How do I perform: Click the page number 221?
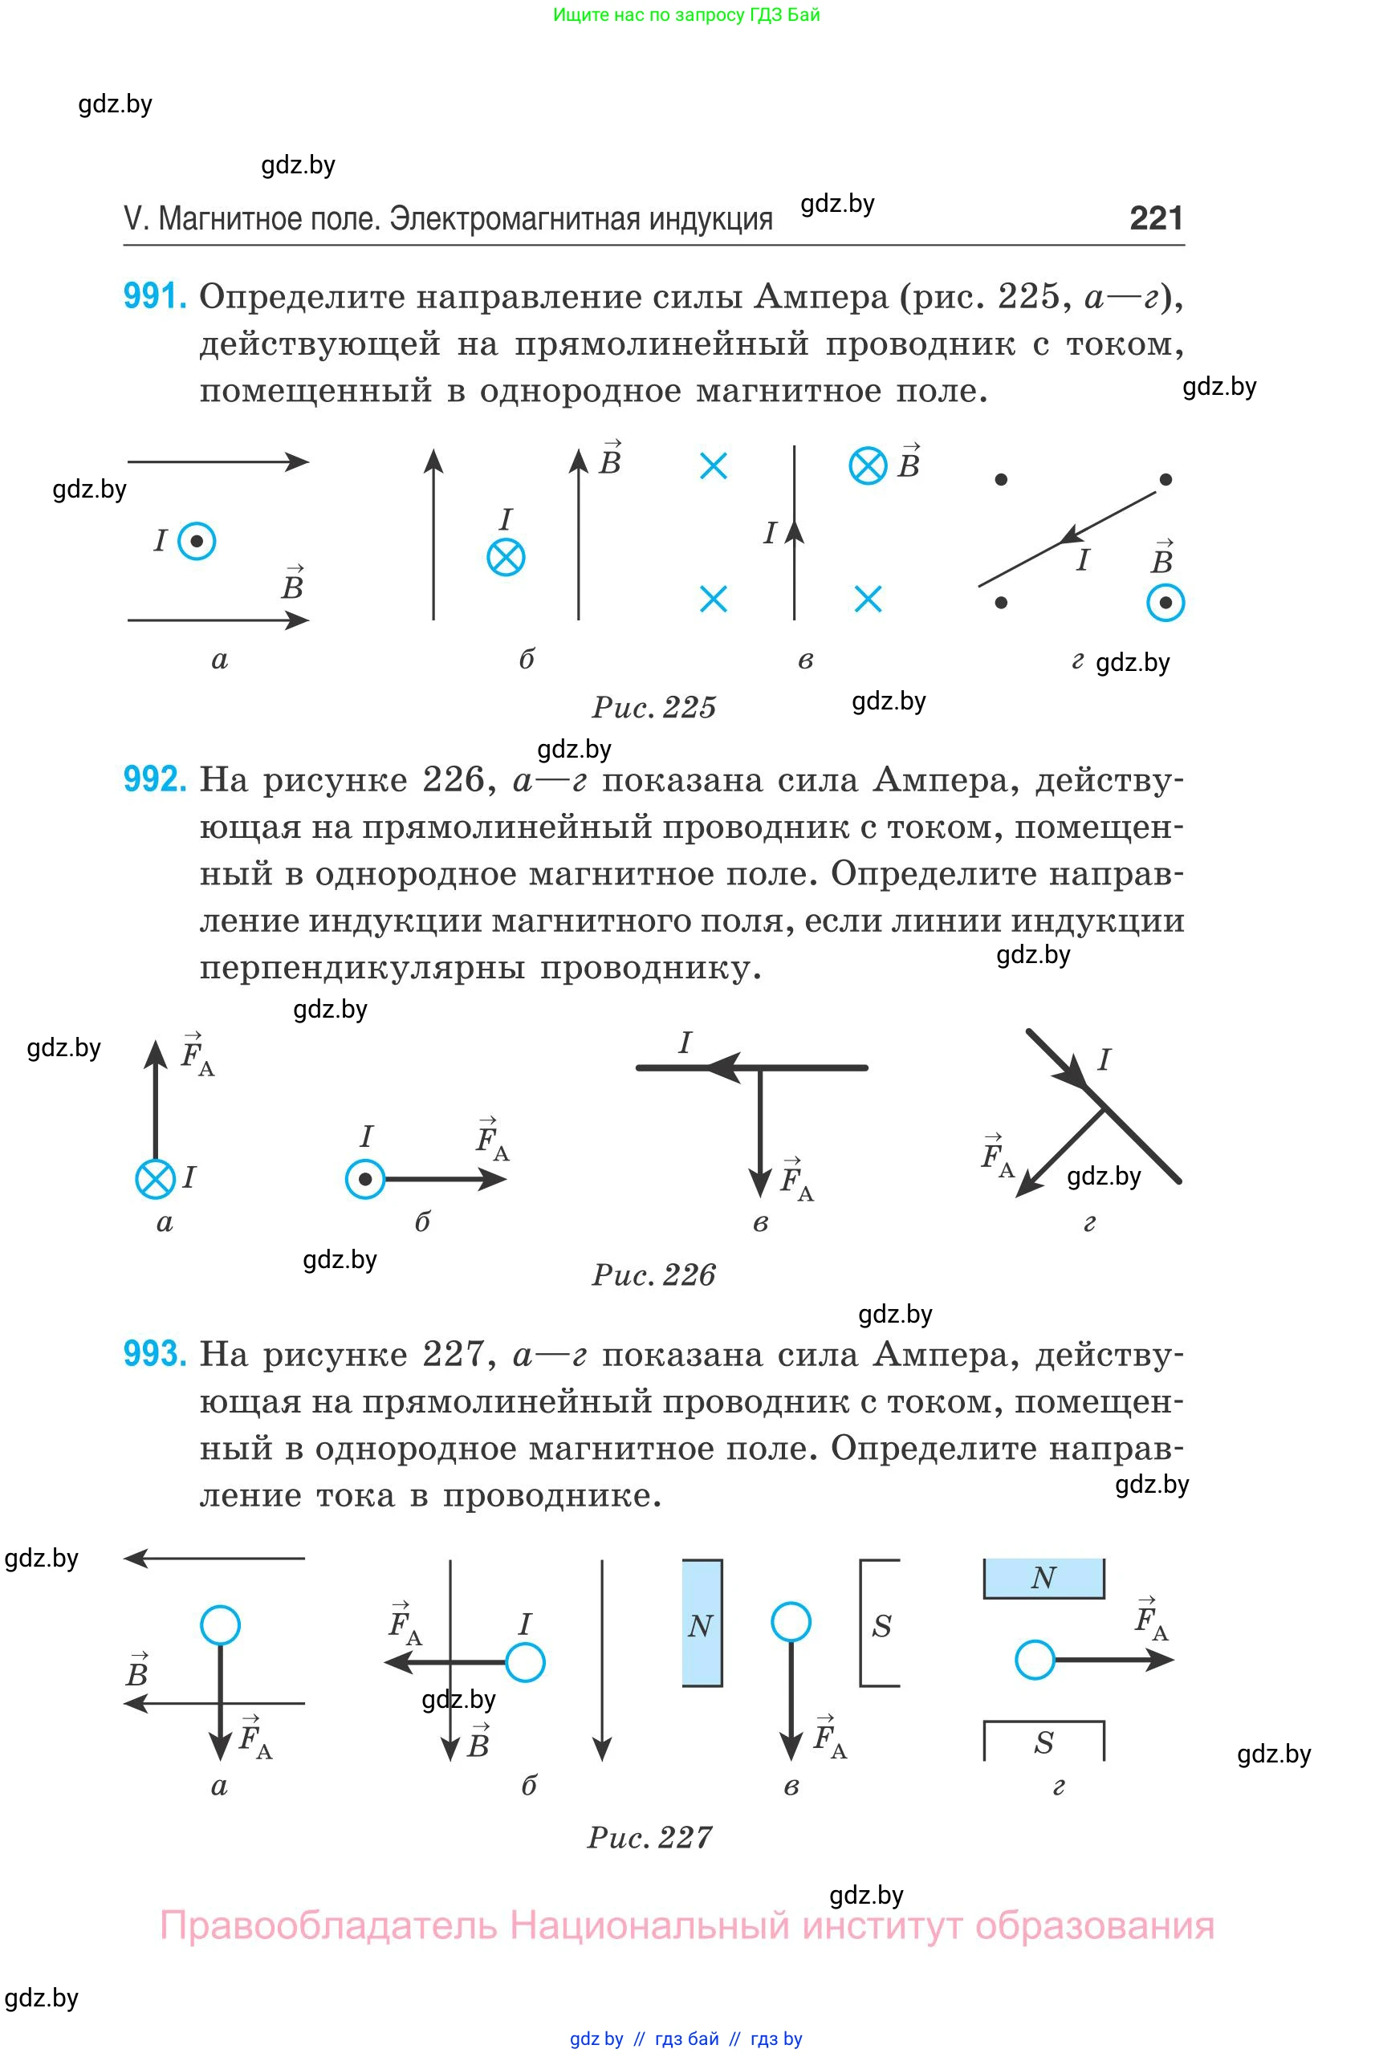point(1156,217)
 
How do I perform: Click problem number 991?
point(154,296)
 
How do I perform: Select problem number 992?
point(154,778)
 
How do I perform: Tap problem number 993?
point(154,1354)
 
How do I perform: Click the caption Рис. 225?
point(654,707)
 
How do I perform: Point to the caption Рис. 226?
point(654,1274)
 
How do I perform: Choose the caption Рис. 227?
point(650,1838)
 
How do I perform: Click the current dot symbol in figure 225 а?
point(197,541)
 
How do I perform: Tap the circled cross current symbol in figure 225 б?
point(506,557)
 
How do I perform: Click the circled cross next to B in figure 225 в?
point(869,465)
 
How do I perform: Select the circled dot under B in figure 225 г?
point(1165,603)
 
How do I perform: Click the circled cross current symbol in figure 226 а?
point(155,1178)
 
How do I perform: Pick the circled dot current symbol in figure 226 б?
point(364,1179)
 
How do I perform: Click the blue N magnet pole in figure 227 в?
point(702,1623)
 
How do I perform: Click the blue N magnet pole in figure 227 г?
point(1043,1578)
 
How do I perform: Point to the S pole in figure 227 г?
point(1043,1742)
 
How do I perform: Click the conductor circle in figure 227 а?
point(220,1624)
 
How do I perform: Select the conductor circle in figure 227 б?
point(525,1662)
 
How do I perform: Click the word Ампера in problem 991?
point(821,297)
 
